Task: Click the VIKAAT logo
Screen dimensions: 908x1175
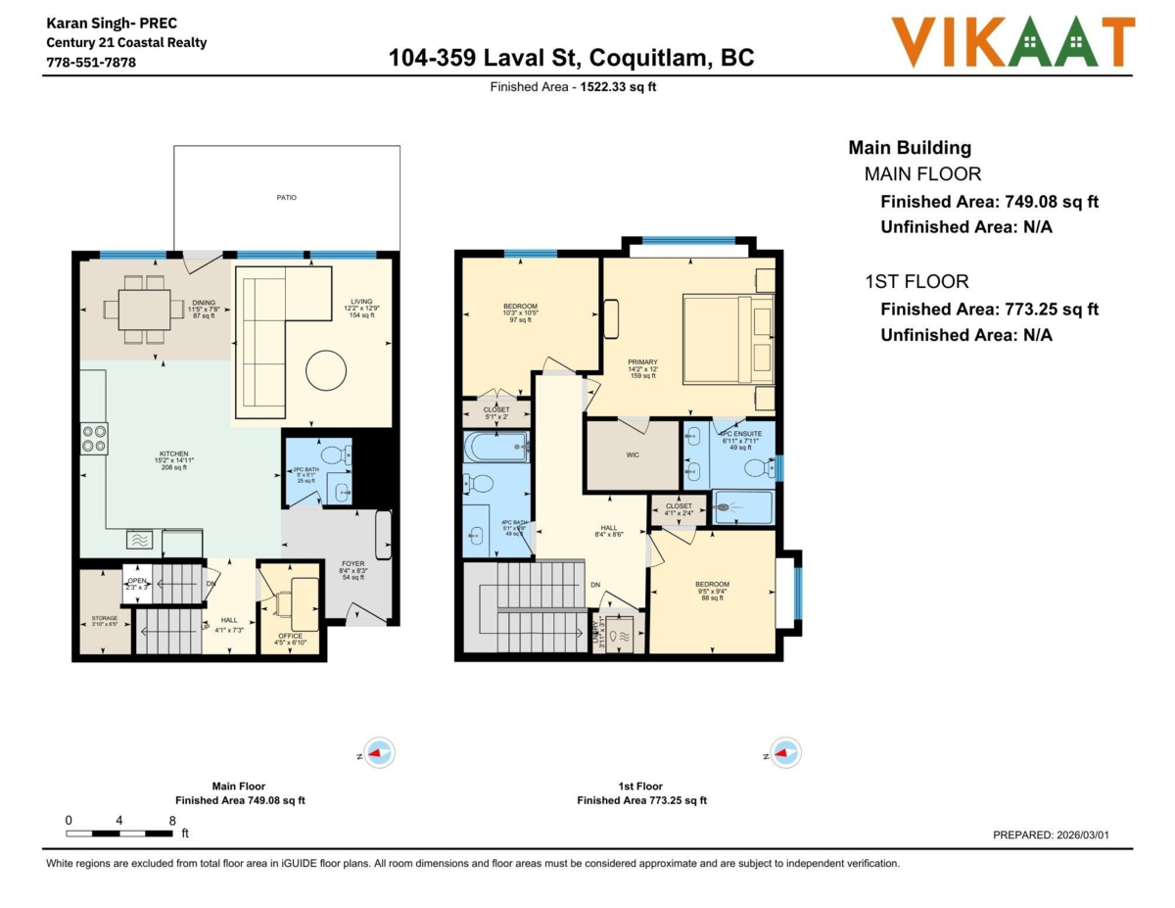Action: pos(1012,43)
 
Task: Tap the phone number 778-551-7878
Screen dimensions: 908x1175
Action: pos(91,62)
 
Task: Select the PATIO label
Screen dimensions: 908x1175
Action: pos(286,198)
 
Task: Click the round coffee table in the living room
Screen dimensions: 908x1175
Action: pos(325,371)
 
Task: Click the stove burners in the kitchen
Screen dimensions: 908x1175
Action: pos(94,438)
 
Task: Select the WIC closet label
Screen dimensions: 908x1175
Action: pos(633,454)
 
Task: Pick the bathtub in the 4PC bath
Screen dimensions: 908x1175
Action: pos(496,449)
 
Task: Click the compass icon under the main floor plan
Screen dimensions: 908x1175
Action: pos(379,753)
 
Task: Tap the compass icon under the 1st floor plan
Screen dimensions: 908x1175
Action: pos(785,753)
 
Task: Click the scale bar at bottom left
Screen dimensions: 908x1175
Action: pos(119,834)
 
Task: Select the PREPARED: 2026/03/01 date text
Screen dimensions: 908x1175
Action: pos(1050,836)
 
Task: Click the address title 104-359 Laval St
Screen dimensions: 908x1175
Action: pos(571,58)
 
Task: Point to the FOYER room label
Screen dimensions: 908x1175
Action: pos(352,564)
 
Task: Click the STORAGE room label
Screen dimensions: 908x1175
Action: pos(105,618)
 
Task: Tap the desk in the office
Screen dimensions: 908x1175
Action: pos(304,602)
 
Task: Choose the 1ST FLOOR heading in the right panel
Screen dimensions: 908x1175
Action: pos(916,282)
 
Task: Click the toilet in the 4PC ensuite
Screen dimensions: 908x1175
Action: pos(759,468)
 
